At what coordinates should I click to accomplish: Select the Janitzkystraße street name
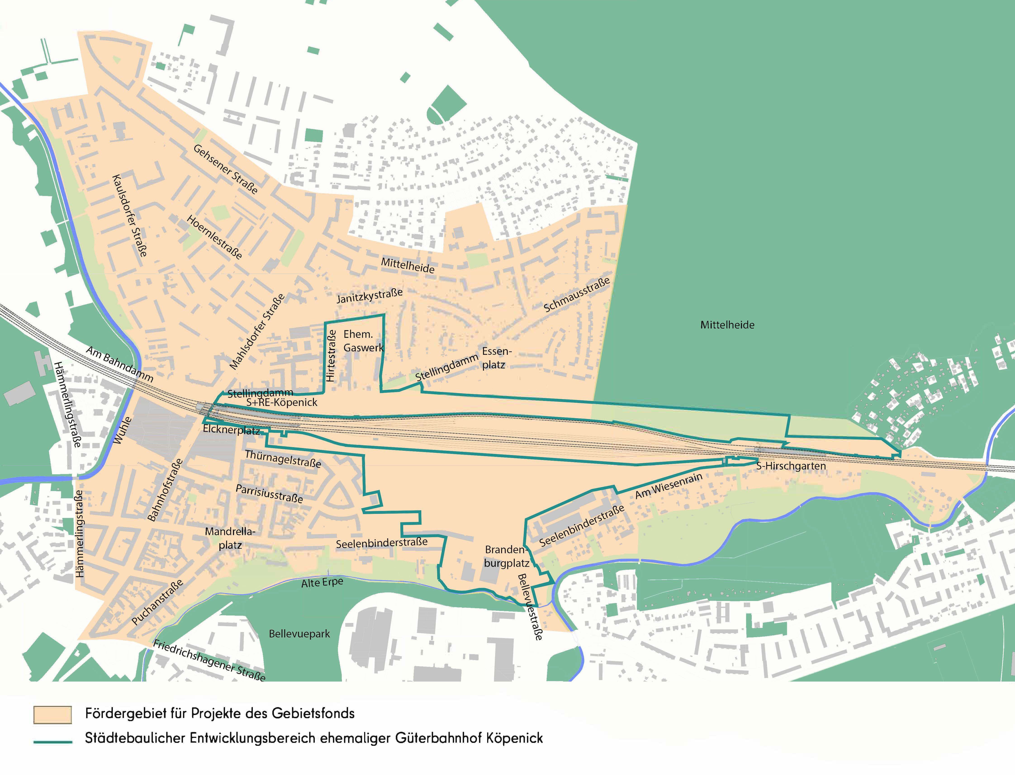tap(370, 296)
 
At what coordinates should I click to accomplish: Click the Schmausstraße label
tap(577, 294)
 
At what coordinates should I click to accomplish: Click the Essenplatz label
tap(496, 358)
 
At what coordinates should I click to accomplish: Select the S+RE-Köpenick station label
tap(282, 402)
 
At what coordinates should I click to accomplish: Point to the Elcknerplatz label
tap(231, 430)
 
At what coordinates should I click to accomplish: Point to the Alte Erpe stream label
tap(322, 583)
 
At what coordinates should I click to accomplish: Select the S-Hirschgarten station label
tap(791, 466)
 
